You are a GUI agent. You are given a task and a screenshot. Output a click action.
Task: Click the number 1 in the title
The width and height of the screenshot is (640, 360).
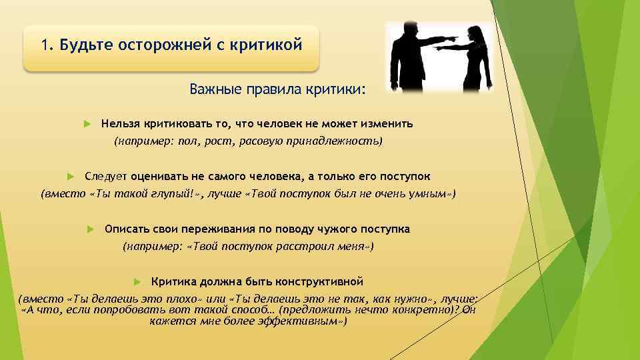44,45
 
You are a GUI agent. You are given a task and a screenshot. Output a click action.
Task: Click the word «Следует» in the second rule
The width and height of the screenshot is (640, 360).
105,177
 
